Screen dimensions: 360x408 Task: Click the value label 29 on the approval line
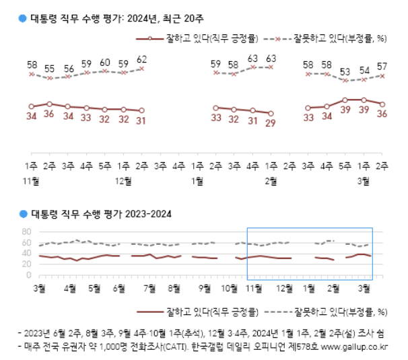tap(271, 124)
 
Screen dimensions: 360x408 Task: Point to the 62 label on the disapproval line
tap(141, 59)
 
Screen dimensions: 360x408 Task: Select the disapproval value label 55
tap(50, 69)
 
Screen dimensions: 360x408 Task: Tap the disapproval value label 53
tap(345, 71)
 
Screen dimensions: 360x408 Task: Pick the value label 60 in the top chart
tap(105, 63)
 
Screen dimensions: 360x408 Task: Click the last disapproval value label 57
tap(382, 67)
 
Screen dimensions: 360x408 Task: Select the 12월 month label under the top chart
tap(123, 180)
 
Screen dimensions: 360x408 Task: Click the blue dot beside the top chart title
tap(23, 19)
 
